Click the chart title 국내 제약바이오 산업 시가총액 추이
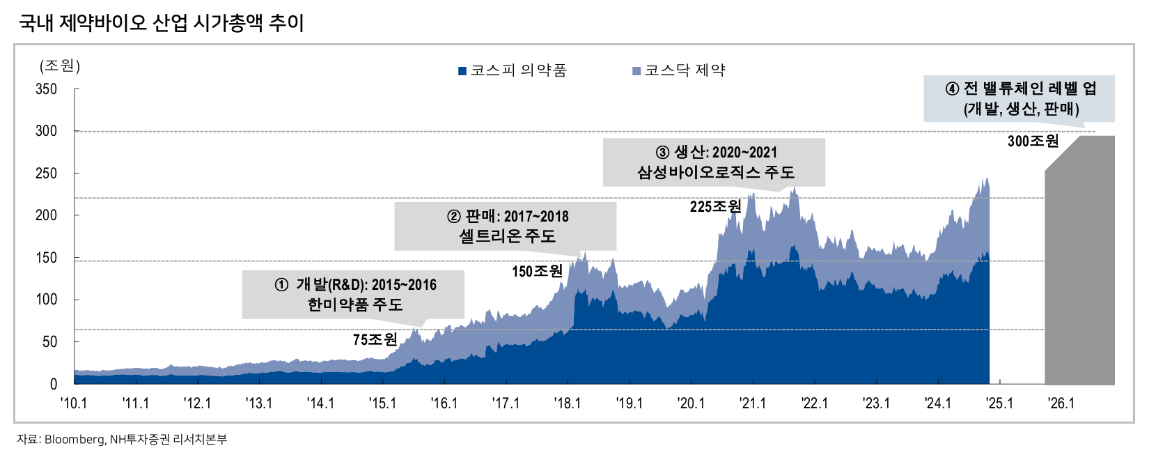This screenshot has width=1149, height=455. click(162, 23)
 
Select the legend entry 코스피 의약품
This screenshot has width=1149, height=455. click(513, 70)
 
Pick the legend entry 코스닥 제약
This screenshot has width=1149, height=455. click(679, 70)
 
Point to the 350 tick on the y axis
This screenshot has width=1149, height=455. click(46, 89)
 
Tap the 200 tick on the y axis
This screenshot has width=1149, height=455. click(46, 215)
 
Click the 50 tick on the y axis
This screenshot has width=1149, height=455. click(49, 341)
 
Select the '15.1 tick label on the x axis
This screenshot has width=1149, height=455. click(382, 403)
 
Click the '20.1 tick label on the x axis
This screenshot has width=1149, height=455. click(691, 403)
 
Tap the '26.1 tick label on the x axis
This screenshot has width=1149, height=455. click(1061, 403)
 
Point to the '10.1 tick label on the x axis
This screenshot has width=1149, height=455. click(74, 403)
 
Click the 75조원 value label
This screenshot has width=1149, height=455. click(375, 339)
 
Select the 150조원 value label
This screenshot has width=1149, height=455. click(537, 271)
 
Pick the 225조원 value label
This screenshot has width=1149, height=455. click(715, 206)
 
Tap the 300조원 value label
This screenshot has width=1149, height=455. click(1033, 141)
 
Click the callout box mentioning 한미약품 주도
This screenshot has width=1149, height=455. click(353, 294)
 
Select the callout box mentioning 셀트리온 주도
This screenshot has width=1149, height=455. click(506, 226)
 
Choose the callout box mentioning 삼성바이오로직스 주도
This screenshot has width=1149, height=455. click(714, 162)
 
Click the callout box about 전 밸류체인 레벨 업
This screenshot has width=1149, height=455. click(1019, 98)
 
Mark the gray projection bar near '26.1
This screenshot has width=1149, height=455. click(1079, 265)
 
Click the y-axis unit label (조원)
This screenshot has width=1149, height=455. click(60, 65)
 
